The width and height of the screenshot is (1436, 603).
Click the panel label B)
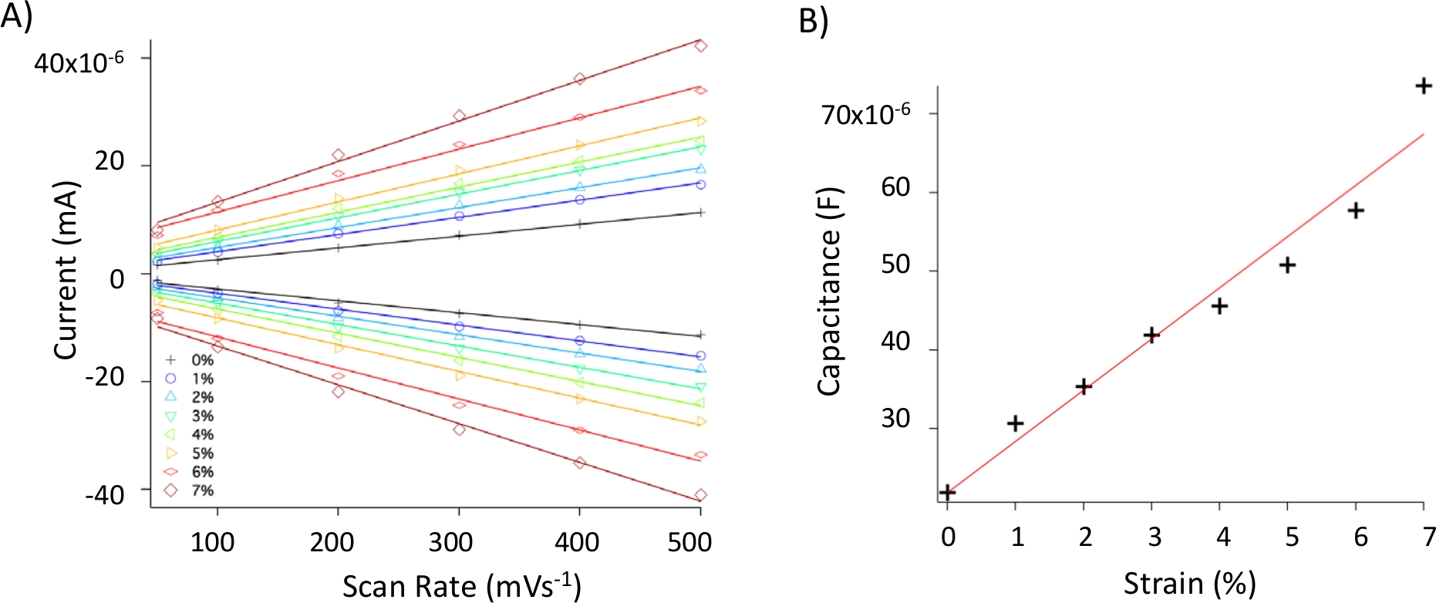pyautogui.click(x=813, y=21)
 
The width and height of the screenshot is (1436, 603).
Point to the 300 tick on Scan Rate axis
pyautogui.click(x=450, y=542)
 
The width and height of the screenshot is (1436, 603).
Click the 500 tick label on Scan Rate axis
pyautogui.click(x=689, y=542)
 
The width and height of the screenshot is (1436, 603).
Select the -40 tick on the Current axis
pyautogui.click(x=105, y=494)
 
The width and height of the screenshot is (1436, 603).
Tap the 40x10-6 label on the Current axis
pyautogui.click(x=79, y=62)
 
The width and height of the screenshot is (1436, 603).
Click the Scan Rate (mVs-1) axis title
pyautogui.click(x=461, y=586)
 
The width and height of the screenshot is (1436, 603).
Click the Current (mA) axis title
pyautogui.click(x=66, y=270)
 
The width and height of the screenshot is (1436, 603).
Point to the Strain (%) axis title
pyautogui.click(x=1189, y=584)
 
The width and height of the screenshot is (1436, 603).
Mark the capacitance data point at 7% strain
pyautogui.click(x=1424, y=86)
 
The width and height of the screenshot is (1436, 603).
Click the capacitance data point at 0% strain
pyautogui.click(x=948, y=492)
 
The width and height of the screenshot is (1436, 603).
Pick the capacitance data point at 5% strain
pyautogui.click(x=1287, y=265)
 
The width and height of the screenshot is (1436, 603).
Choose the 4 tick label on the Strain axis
pyautogui.click(x=1223, y=537)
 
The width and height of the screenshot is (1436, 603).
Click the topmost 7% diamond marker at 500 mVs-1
pyautogui.click(x=700, y=46)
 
